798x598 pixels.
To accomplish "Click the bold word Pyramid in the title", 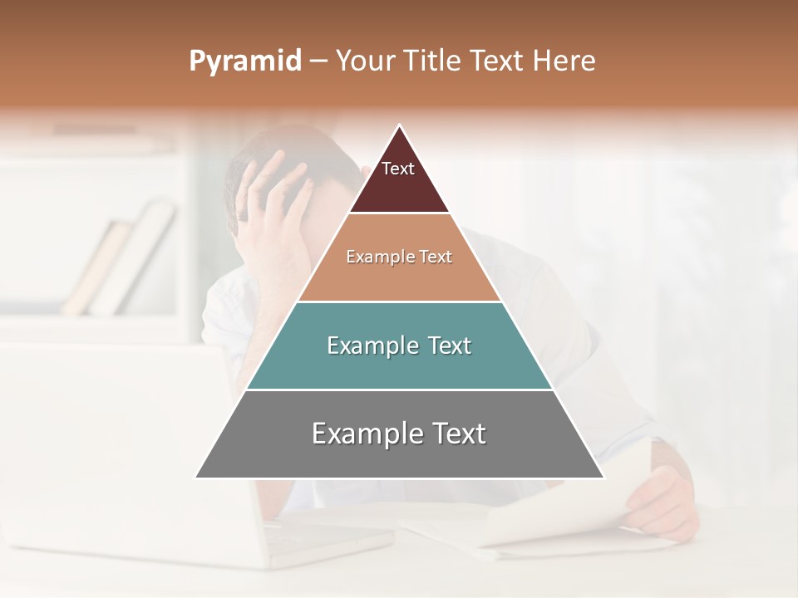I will [x=244, y=61].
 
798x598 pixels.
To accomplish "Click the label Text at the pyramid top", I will [x=398, y=169].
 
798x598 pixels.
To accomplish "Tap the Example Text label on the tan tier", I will [x=399, y=257].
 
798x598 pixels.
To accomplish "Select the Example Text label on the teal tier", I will [x=399, y=346].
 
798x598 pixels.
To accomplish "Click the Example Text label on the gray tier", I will [x=399, y=434].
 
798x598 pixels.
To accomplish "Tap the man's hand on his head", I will [x=270, y=199].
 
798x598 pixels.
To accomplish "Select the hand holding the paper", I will [x=661, y=498].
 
